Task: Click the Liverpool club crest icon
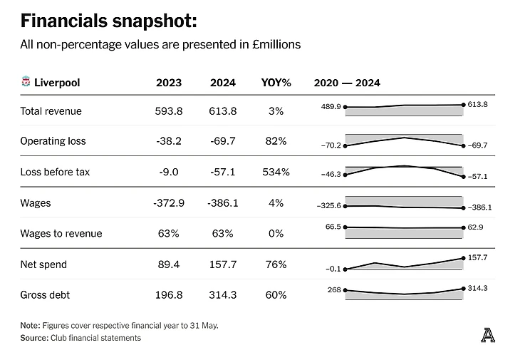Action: (26, 83)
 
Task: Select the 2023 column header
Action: (169, 83)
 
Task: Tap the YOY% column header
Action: (276, 83)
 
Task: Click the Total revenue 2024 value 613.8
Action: (223, 111)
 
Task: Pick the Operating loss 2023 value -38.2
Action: (169, 141)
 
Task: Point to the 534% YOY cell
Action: (276, 172)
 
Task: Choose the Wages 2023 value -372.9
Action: (169, 203)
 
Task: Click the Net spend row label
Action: (43, 264)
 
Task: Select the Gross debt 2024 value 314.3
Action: (223, 295)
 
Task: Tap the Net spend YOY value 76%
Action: (276, 264)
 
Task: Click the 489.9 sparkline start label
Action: (331, 106)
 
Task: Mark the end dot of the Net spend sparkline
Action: (464, 258)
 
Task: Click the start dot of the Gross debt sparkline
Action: (345, 290)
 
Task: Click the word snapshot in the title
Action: (152, 21)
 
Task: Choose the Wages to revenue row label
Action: (61, 234)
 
